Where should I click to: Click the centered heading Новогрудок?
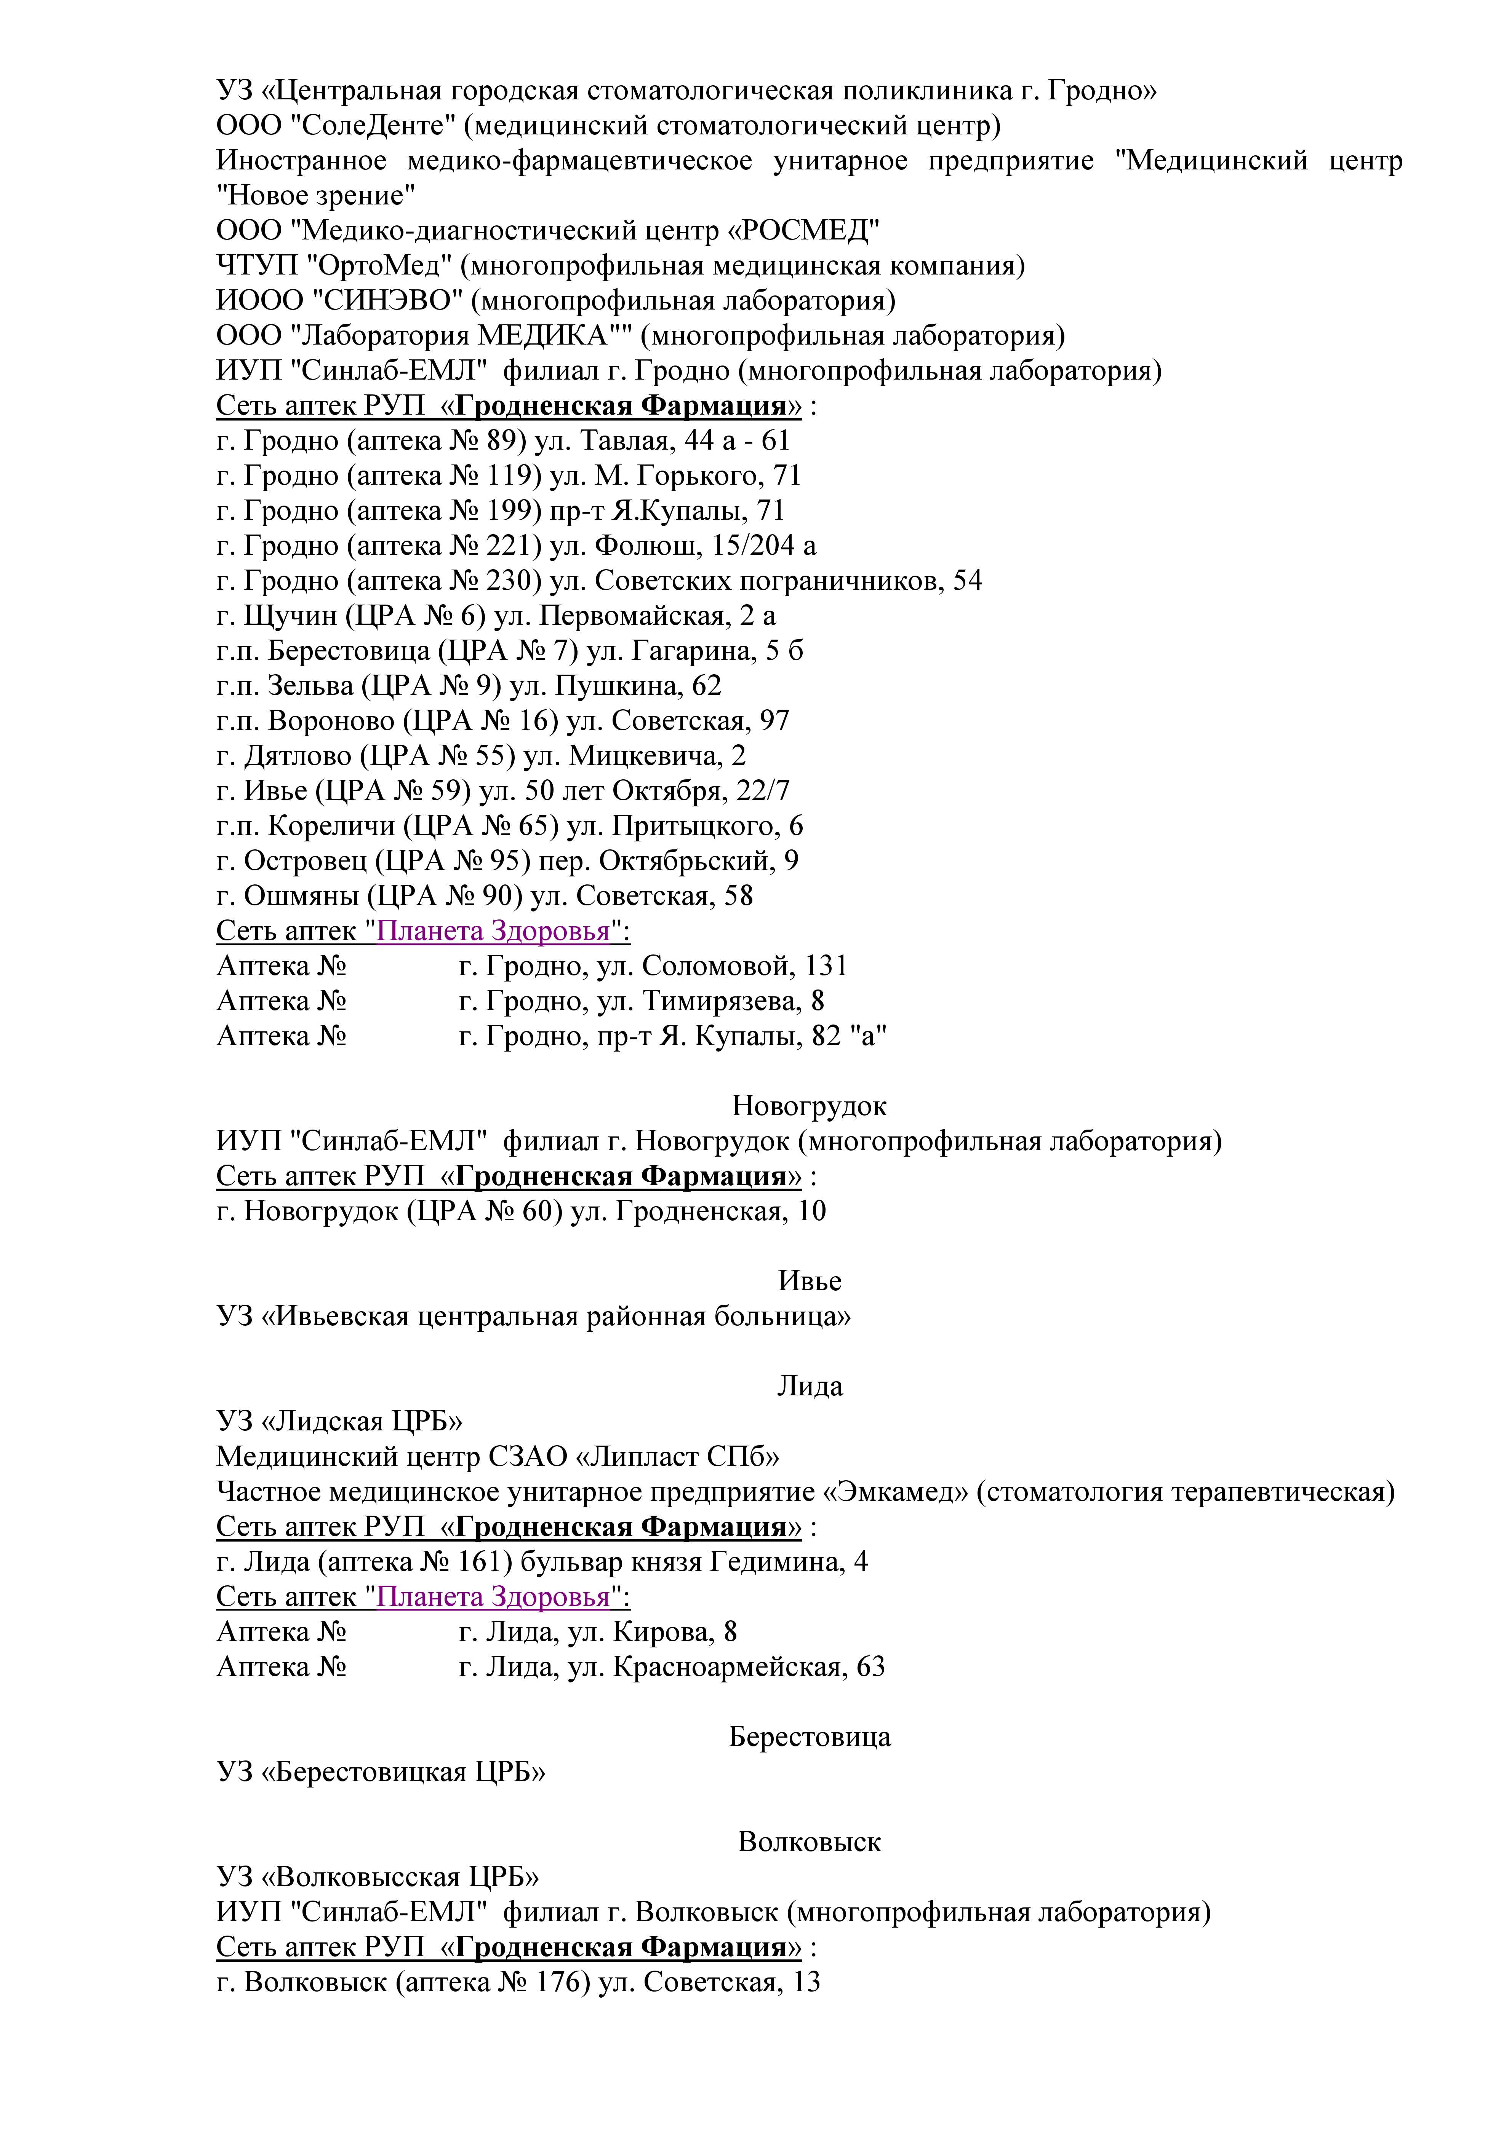[809, 1106]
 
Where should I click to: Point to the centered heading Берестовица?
[809, 1737]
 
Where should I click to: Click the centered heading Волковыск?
[809, 1842]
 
